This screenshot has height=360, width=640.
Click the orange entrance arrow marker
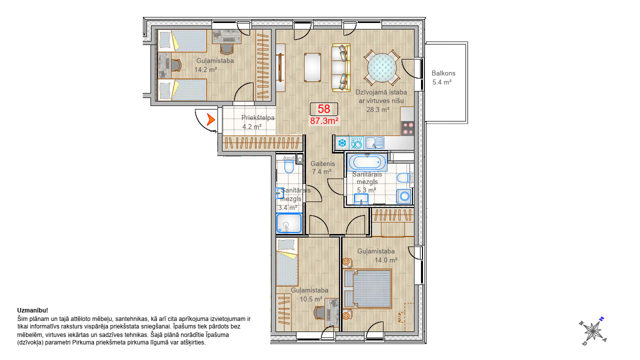click(x=210, y=119)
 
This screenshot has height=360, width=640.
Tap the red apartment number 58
click(x=323, y=109)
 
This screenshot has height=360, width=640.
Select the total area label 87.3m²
click(x=324, y=121)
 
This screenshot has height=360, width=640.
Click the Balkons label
click(x=443, y=73)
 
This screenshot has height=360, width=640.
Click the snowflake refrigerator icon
click(x=342, y=142)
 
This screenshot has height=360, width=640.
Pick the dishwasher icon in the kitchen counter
click(x=356, y=143)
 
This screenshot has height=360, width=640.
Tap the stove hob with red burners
click(x=407, y=128)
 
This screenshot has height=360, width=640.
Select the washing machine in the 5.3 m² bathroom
click(x=404, y=196)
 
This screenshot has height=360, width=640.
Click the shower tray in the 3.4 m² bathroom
click(x=289, y=223)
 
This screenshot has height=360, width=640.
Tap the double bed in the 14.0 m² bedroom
click(x=367, y=288)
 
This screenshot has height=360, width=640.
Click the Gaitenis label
click(x=322, y=163)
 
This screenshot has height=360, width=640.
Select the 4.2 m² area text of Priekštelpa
click(x=252, y=126)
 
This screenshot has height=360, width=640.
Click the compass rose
click(x=593, y=331)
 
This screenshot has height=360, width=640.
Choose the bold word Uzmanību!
click(x=32, y=310)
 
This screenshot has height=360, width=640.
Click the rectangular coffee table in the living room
click(x=312, y=67)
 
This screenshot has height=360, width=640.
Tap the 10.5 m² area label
click(x=311, y=299)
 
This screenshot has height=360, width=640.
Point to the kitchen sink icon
click(x=374, y=143)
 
